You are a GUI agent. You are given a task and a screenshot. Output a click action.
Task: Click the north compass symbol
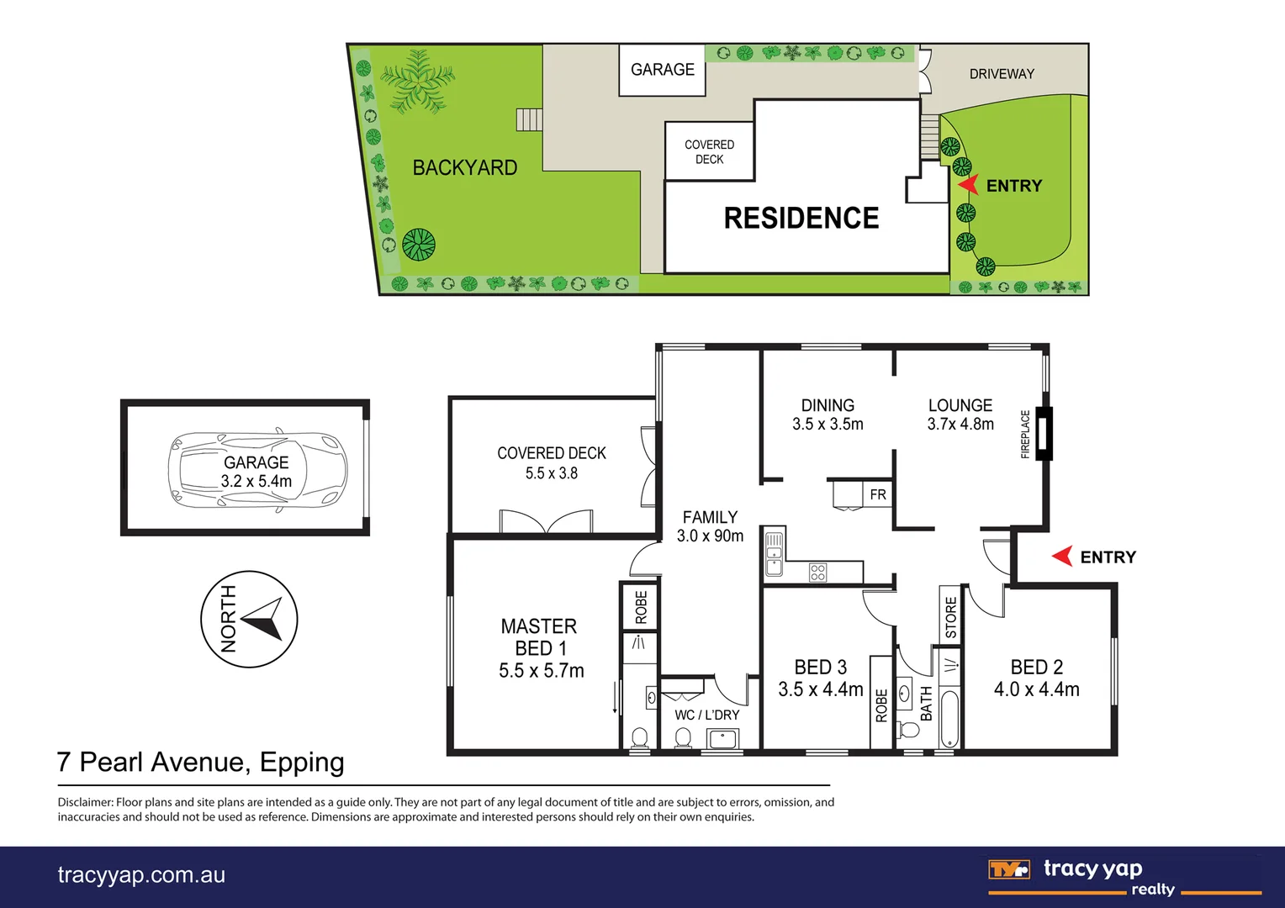pos(249,620)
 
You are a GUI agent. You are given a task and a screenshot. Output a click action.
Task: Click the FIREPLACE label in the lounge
pos(1025,434)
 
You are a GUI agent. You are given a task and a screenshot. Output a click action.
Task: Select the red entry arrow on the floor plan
pos(1063,557)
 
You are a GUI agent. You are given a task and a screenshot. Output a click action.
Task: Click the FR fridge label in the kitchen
pos(878,494)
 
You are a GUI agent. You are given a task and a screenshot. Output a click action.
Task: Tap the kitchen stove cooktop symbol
pos(817,573)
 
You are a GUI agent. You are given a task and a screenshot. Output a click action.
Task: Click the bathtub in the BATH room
pos(949,719)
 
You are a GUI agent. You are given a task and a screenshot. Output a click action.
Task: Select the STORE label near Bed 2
pos(951,618)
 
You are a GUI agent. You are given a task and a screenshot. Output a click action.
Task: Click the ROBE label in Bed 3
pos(881,705)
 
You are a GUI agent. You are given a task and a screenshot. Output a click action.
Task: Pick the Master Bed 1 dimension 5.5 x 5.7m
pos(541,671)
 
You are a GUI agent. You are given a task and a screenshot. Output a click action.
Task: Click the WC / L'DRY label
pos(706,715)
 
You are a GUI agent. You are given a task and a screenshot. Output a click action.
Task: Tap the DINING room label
pos(828,405)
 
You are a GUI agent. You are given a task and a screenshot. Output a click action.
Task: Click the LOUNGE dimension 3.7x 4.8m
pos(960,425)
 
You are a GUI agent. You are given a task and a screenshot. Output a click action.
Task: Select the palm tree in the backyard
pos(416,81)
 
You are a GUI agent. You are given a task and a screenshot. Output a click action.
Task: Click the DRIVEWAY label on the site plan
pos(1002,74)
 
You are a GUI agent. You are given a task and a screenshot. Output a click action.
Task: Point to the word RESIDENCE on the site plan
pos(801,218)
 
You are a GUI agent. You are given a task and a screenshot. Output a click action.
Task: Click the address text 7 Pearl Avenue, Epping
pos(200,762)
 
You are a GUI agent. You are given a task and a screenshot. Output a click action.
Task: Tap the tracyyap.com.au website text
pos(141,875)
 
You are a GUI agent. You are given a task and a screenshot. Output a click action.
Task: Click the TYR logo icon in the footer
pos(1008,869)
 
